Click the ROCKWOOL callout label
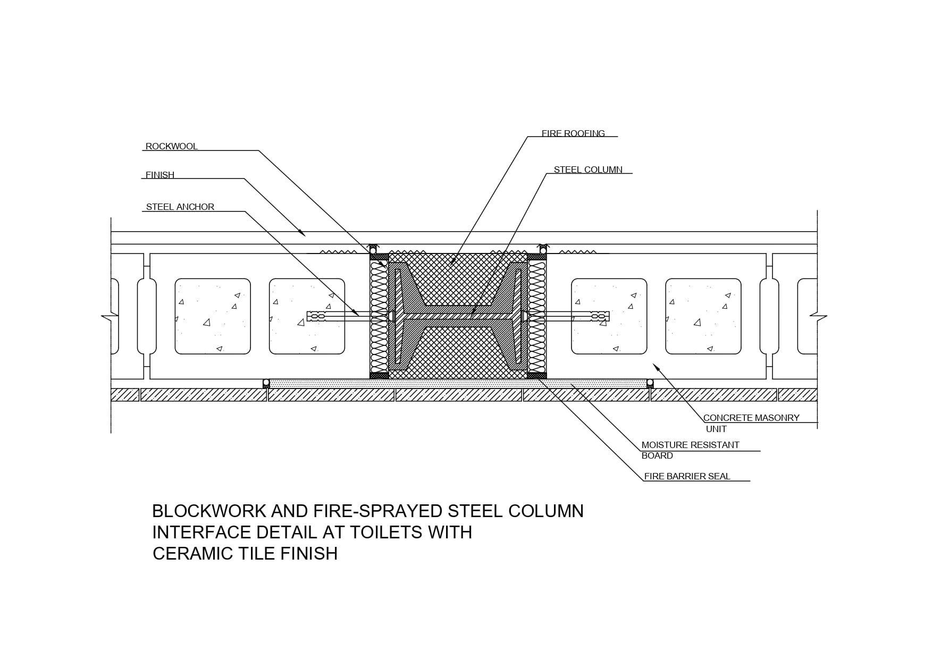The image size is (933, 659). pyautogui.click(x=171, y=146)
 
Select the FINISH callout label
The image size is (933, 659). pyautogui.click(x=159, y=175)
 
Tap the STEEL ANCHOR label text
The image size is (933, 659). pyautogui.click(x=180, y=207)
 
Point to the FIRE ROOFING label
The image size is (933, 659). pyautogui.click(x=573, y=133)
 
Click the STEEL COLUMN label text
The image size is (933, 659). pyautogui.click(x=588, y=170)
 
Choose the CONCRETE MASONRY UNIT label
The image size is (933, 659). pyautogui.click(x=751, y=423)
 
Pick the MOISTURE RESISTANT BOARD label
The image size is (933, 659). pyautogui.click(x=690, y=450)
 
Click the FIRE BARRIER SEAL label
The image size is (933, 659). pyautogui.click(x=687, y=476)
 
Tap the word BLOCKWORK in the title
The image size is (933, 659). pyautogui.click(x=209, y=511)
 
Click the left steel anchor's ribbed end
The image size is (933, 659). pyautogui.click(x=317, y=316)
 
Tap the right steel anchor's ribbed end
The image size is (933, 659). pyautogui.click(x=600, y=316)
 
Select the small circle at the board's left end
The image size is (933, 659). pyautogui.click(x=266, y=383)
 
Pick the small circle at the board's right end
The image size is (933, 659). pyautogui.click(x=650, y=383)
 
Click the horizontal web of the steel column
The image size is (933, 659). pyautogui.click(x=457, y=316)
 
